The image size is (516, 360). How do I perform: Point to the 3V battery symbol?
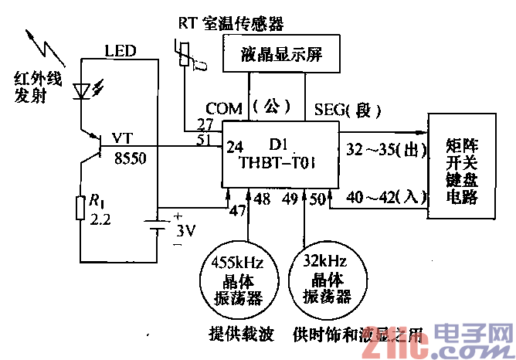tap(158, 230)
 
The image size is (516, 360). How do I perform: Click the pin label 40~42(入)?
tap(382, 199)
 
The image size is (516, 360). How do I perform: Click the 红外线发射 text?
tap(36, 86)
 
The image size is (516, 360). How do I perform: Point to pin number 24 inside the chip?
tap(234, 145)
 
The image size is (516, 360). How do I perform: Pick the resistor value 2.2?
tap(100, 219)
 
